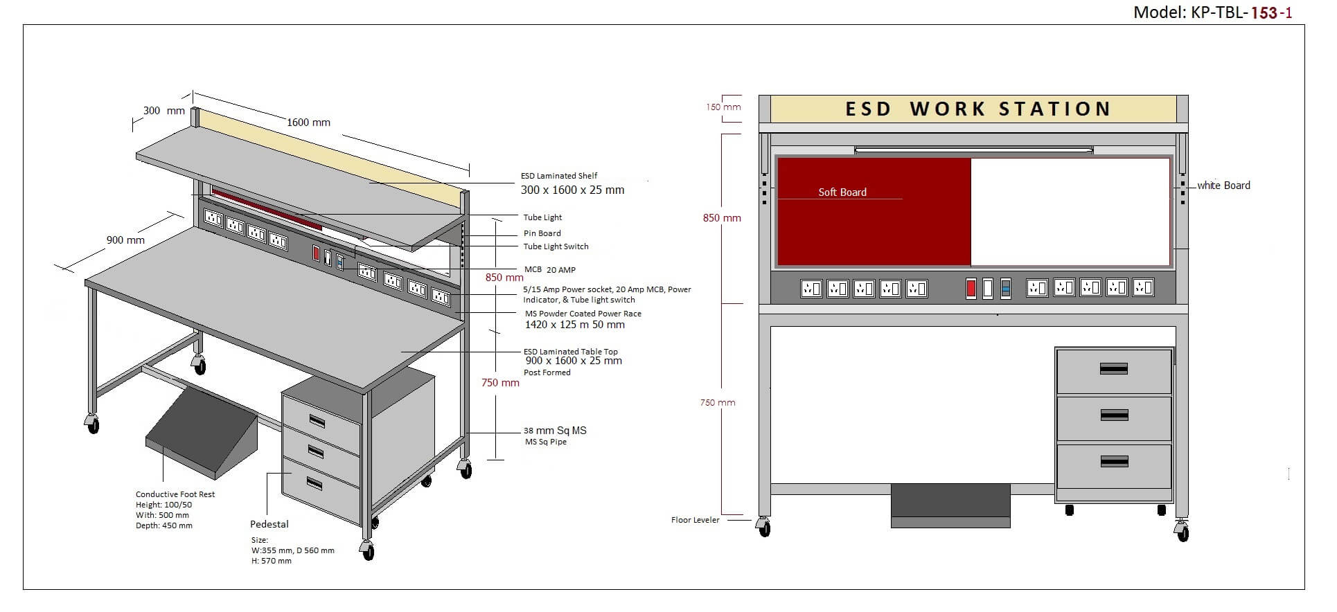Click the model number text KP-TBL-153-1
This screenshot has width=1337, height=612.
1212,12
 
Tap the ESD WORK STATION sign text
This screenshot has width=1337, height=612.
977,109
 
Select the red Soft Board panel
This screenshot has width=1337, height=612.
874,212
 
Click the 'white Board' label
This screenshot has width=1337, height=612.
1223,186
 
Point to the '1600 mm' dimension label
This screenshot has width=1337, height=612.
308,123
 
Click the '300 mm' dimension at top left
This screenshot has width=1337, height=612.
163,111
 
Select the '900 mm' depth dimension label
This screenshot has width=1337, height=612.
125,240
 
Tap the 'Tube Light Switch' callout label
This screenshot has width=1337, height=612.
556,246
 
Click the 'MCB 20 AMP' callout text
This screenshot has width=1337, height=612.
549,270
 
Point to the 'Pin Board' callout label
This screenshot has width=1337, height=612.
542,233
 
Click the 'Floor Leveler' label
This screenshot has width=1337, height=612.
695,520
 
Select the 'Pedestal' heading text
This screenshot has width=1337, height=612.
269,524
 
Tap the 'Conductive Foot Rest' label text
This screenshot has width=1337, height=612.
175,494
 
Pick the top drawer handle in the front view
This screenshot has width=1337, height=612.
1113,369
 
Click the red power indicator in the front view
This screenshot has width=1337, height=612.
971,289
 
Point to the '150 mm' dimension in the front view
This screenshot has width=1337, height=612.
723,107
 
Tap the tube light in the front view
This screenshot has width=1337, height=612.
973,150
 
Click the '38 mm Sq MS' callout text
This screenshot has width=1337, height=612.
554,431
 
